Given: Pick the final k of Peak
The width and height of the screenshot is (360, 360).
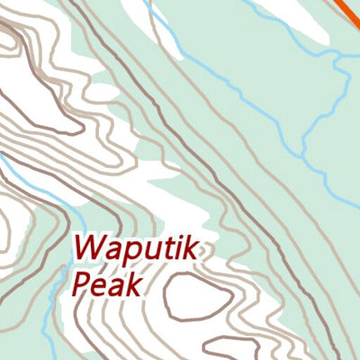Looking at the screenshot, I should (133, 285).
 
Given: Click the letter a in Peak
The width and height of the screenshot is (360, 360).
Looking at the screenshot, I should (116, 287).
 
